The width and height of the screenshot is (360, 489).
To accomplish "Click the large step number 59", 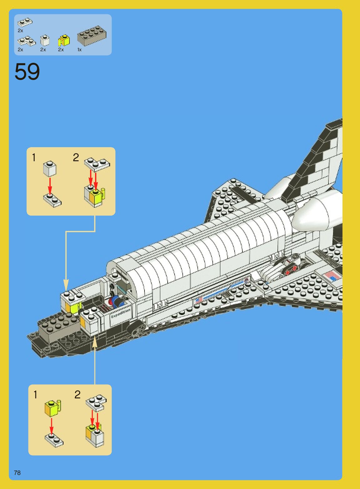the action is coord(27,72).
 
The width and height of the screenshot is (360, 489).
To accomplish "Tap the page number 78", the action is coord(17,473).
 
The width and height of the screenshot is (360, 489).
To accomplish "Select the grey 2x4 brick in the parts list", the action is coord(92,35).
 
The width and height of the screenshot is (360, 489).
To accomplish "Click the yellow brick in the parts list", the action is coord(64,41).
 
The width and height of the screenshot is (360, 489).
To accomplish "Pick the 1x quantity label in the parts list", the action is coord(79,50).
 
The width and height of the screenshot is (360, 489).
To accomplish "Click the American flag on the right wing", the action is coord(332,276).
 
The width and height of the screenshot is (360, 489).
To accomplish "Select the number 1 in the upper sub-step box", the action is coord(34,158).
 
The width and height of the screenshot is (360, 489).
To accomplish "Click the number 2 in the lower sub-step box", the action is coord(77,395).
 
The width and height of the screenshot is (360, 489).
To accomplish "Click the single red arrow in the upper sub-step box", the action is coord(50,186).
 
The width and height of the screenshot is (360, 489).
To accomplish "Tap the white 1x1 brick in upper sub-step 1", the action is coord(50,169).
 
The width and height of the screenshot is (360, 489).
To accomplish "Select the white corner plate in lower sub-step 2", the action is coord(96,402).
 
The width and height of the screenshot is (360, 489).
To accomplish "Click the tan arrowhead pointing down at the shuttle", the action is coord(66,285).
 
